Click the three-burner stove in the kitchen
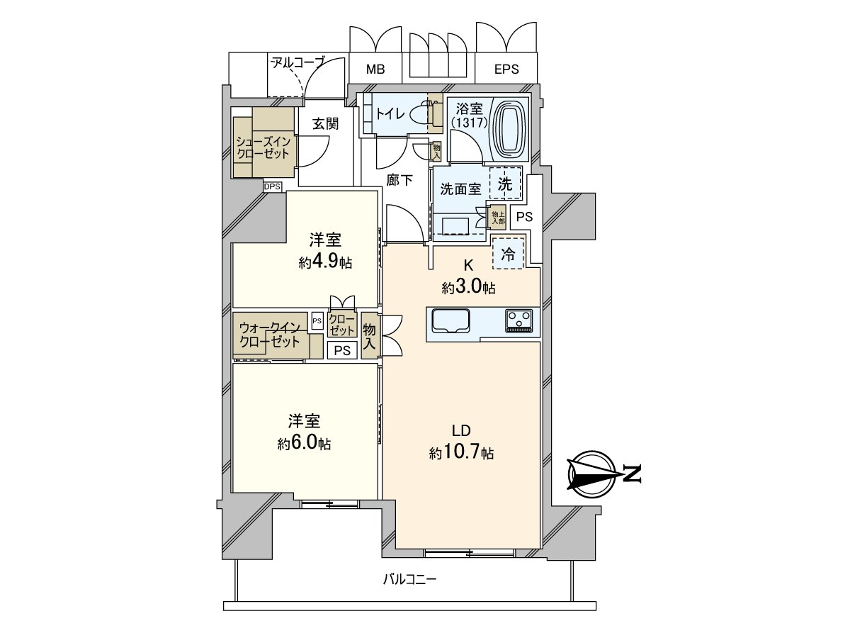point(519,320)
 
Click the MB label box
point(375,69)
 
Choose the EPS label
point(506,69)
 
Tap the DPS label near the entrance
point(273,186)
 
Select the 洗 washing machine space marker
point(504,184)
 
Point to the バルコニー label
point(410,579)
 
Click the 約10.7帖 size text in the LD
point(461,453)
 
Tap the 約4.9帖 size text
point(325,262)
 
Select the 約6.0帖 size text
point(304,444)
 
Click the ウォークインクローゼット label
point(269,334)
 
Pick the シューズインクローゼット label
point(263,147)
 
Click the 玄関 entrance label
point(325,123)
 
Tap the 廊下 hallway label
point(399,180)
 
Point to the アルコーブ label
point(297,63)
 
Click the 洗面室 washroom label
point(460,189)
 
